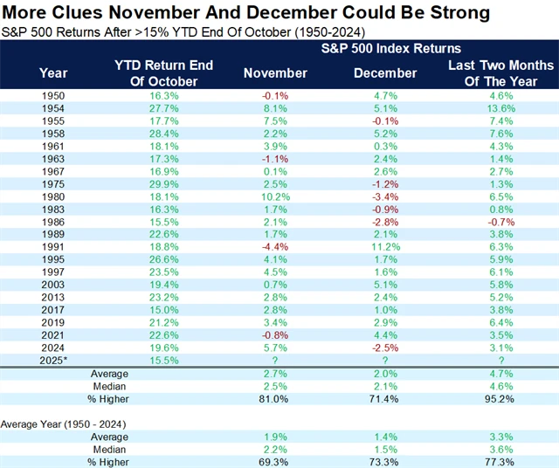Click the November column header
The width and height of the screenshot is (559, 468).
(275, 72)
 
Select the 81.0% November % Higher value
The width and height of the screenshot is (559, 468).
(275, 398)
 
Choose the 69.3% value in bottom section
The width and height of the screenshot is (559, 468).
(275, 461)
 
